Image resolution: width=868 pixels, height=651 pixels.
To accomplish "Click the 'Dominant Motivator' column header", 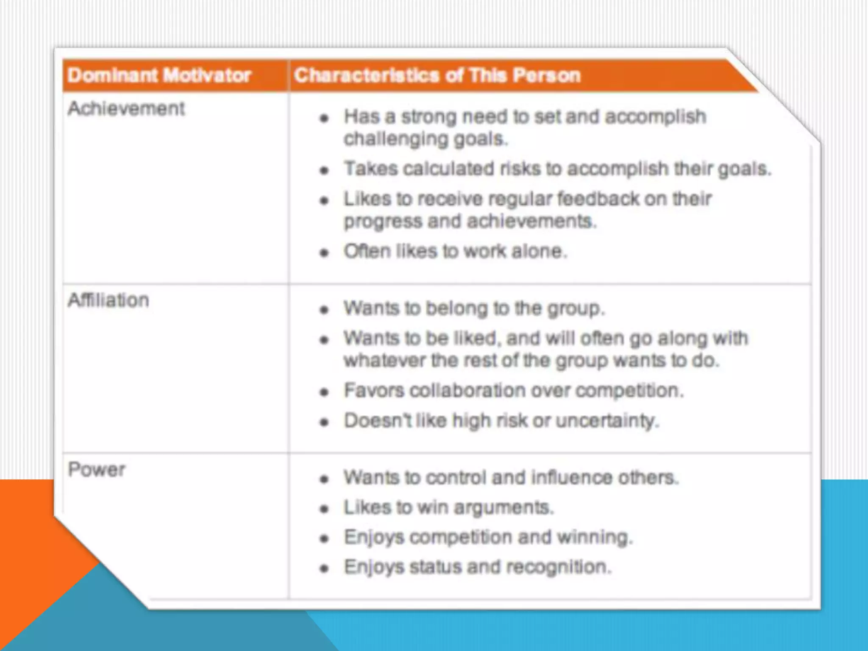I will (x=159, y=75).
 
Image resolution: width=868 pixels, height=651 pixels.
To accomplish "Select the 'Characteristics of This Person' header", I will (x=437, y=75).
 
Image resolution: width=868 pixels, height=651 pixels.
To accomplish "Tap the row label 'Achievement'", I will (x=126, y=108).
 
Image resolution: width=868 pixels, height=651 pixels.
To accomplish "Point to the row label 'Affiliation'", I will (x=108, y=300).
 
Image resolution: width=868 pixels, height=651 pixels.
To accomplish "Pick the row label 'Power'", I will (x=97, y=470).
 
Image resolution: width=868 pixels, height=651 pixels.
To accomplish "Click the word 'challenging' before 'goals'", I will (x=396, y=139).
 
